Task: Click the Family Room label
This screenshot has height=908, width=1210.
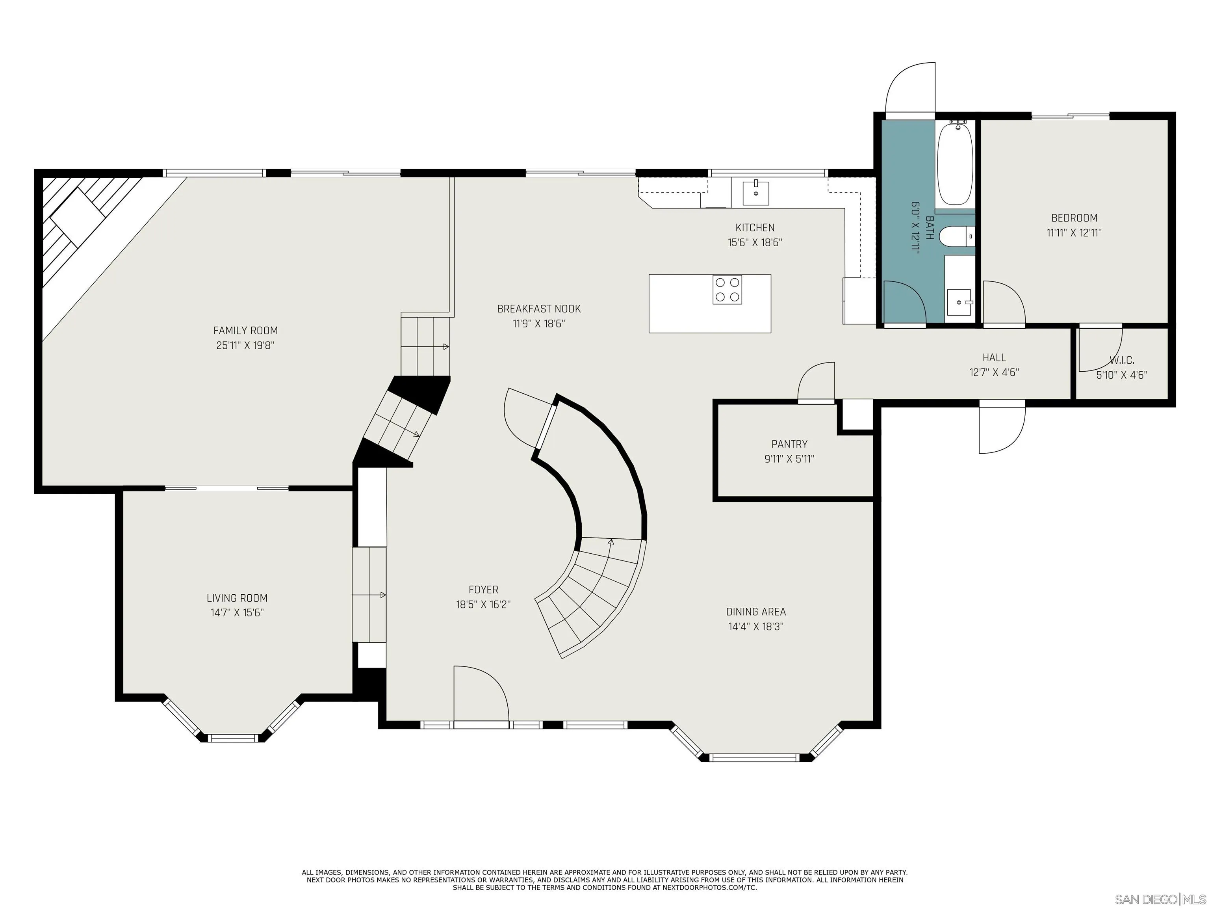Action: [246, 331]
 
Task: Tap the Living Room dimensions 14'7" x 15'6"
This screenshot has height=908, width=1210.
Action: [238, 613]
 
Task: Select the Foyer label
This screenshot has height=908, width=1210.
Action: [484, 590]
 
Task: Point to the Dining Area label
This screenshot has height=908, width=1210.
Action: [756, 612]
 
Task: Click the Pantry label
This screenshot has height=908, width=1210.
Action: [789, 444]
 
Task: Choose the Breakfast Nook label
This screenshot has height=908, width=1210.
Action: [539, 309]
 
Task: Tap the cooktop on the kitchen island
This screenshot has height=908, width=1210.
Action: [727, 290]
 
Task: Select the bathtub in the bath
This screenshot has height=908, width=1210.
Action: [955, 164]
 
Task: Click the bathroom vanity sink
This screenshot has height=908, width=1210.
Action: [959, 303]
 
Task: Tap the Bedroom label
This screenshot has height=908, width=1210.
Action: [1075, 218]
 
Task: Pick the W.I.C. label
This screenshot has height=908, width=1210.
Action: [1122, 361]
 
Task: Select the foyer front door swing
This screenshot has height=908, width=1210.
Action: [481, 696]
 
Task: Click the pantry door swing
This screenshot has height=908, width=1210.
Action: [816, 382]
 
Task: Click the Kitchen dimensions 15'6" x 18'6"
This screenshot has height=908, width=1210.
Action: [755, 242]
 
